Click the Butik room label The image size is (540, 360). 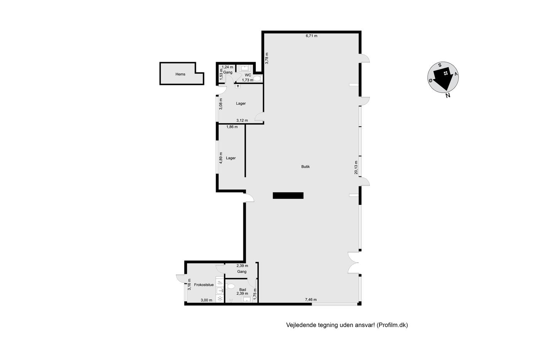click(305, 167)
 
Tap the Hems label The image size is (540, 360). click(181, 74)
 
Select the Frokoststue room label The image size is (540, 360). click(204, 285)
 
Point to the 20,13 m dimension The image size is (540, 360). click(356, 167)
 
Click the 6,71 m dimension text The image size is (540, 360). click(312, 36)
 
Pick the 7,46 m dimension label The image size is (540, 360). click(311, 300)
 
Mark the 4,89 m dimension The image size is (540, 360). click(221, 158)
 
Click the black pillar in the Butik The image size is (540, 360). click(288, 196)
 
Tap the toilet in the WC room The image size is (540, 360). click(258, 78)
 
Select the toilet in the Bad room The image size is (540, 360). click(230, 286)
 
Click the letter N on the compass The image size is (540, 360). click(448, 95)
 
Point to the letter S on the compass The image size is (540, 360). click(440, 65)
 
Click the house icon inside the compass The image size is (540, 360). click(446, 73)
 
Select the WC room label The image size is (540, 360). click(248, 75)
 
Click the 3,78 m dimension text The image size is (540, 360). click(267, 58)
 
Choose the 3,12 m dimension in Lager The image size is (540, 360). click(242, 120)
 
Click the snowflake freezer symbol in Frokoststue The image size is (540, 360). click(220, 299)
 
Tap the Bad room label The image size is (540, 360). click(243, 290)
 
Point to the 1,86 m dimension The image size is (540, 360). click(232, 127)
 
